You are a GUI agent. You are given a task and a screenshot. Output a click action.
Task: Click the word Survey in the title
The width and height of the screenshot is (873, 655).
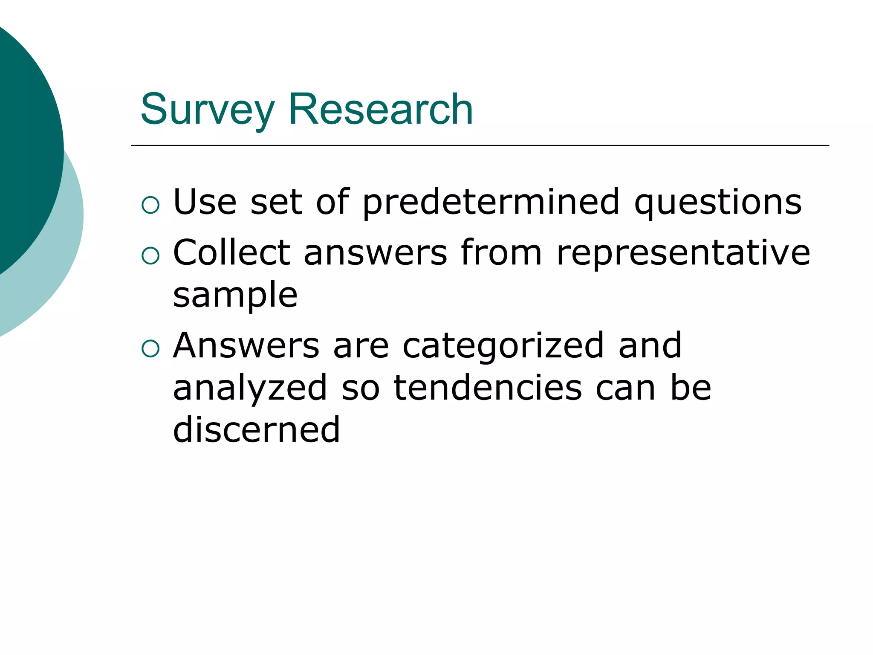click(207, 110)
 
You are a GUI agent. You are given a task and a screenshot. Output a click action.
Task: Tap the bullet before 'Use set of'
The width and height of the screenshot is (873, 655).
click(150, 205)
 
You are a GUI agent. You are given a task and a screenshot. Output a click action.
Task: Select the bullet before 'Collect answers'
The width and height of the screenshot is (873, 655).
click(150, 256)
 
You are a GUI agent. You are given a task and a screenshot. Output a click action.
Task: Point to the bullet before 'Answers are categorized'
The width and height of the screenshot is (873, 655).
click(150, 349)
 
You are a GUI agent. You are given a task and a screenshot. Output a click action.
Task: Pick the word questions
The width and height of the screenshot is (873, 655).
click(718, 202)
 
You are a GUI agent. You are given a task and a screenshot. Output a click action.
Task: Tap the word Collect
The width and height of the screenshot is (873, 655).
click(232, 252)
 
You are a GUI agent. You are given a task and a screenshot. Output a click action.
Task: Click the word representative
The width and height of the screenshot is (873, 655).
click(683, 252)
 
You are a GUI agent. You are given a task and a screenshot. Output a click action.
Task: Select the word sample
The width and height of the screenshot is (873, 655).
click(235, 295)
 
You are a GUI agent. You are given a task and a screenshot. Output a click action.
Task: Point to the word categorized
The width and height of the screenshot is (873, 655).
click(503, 345)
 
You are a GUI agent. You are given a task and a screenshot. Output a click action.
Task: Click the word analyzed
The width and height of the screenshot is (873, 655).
click(250, 388)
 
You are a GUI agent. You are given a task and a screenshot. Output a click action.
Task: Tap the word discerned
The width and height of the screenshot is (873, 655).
click(257, 429)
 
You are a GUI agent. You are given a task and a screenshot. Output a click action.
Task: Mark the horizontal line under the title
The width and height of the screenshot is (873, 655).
click(480, 146)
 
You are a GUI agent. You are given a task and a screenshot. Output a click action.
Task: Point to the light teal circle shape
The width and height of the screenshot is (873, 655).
click(64, 256)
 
